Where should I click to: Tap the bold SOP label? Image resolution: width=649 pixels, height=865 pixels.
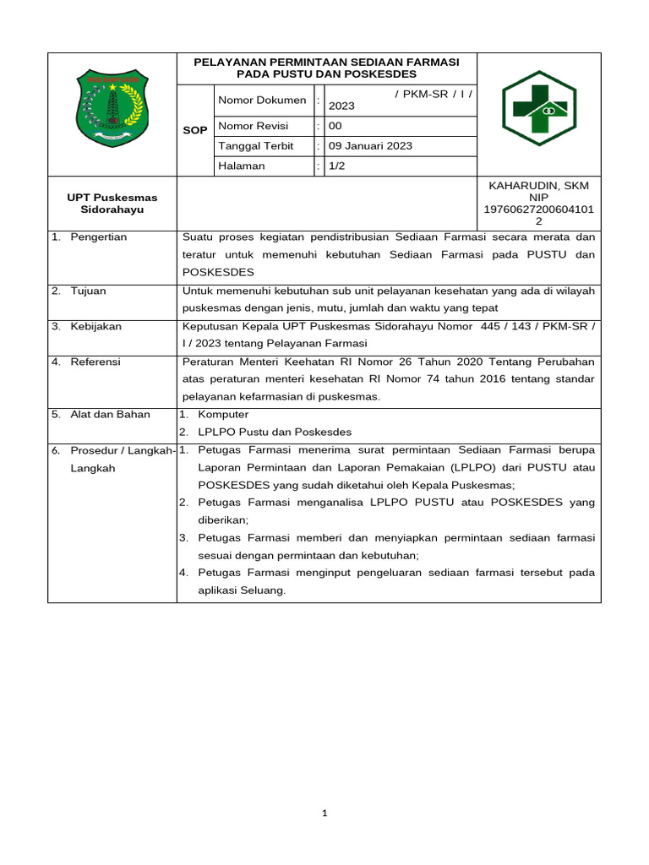[x=195, y=131]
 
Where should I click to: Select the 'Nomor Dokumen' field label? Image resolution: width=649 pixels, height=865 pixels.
[x=262, y=101]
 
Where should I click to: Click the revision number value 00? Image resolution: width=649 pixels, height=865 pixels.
[x=335, y=126]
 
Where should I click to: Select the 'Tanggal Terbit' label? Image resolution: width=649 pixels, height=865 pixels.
[x=256, y=146]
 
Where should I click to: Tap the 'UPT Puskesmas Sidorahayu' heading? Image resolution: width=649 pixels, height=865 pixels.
[x=112, y=203]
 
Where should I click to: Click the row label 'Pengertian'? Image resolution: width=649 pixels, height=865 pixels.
[x=99, y=237]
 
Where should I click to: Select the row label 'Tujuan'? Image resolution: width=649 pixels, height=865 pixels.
[x=89, y=291]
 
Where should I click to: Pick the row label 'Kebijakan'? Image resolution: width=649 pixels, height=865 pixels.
[x=96, y=327]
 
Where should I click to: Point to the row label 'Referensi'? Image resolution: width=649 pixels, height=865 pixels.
[x=95, y=362]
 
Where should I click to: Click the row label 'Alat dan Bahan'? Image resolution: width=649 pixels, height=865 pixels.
[x=110, y=415]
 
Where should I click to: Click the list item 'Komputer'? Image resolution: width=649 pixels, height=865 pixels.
[x=223, y=415]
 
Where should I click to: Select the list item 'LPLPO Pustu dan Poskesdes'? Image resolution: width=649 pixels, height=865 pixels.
[x=275, y=432]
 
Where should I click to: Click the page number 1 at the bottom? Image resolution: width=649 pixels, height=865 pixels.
[x=324, y=813]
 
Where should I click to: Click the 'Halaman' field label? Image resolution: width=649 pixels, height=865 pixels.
[x=242, y=166]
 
